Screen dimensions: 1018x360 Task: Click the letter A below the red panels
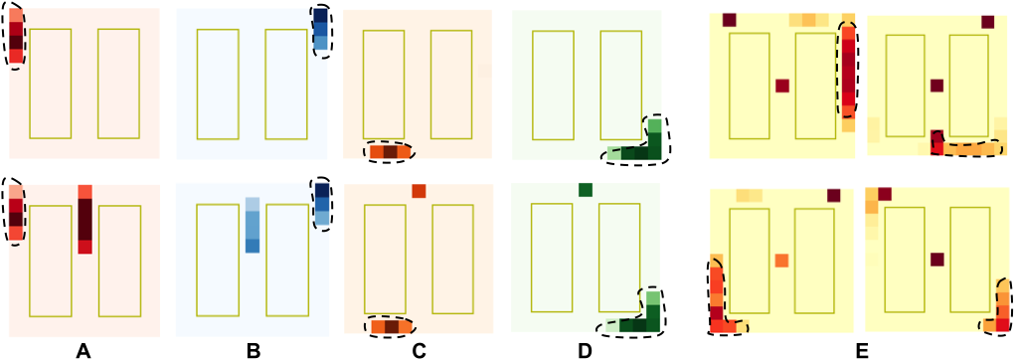[x=82, y=352]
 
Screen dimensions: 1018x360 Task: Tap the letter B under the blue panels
[x=254, y=352]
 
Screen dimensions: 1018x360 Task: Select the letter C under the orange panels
[x=419, y=352]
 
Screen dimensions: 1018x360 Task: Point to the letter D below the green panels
[x=585, y=352]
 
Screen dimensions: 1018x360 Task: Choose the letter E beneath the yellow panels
[x=861, y=352]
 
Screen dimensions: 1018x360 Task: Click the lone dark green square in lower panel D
[x=586, y=190]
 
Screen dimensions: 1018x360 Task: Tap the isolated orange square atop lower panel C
[x=419, y=191]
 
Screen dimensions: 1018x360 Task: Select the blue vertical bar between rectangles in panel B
[x=253, y=225]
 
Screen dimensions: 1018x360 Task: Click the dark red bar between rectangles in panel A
[x=85, y=219]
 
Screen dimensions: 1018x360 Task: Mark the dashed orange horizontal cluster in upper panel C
[x=390, y=152]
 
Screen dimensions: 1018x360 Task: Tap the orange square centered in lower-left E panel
[x=782, y=261]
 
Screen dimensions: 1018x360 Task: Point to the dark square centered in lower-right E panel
[x=936, y=260]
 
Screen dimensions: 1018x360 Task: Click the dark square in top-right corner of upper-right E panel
[x=987, y=23]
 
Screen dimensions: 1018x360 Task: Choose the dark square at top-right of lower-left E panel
[x=834, y=196]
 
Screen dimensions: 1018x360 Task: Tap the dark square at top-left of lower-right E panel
[x=884, y=194]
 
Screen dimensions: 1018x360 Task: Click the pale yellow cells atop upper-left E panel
[x=809, y=20]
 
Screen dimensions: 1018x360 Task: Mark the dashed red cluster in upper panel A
[x=16, y=37]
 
